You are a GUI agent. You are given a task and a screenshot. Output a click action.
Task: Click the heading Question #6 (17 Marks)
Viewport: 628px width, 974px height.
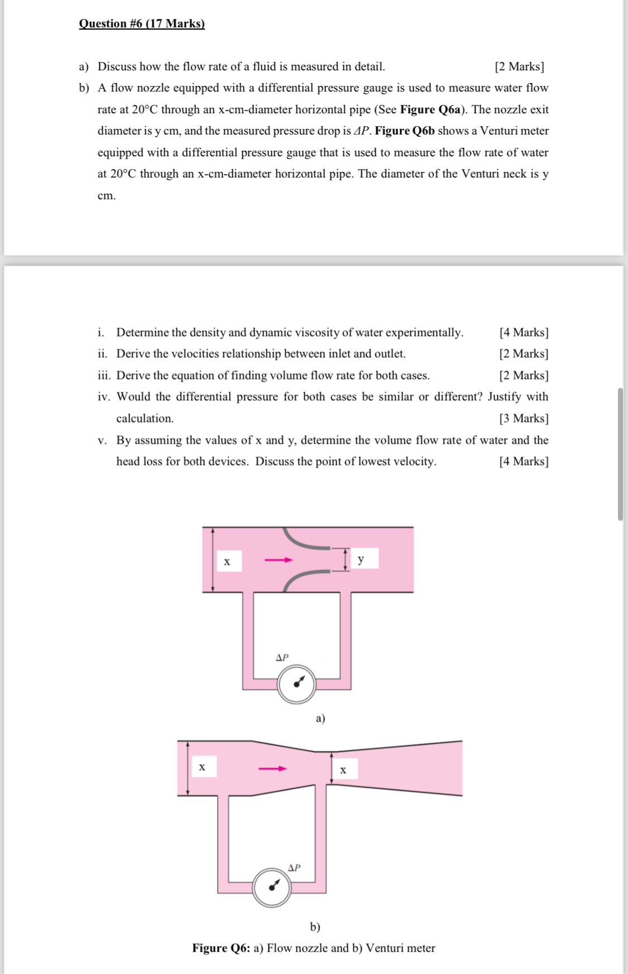coord(142,23)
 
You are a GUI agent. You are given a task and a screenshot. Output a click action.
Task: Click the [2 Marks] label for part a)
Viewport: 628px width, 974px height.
coord(519,66)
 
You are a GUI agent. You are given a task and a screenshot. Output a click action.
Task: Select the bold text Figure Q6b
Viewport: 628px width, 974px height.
coord(405,131)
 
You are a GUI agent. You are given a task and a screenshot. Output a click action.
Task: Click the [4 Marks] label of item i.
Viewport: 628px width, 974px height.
coord(524,332)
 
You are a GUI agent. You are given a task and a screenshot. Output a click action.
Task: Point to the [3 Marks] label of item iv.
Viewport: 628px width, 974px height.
coord(524,418)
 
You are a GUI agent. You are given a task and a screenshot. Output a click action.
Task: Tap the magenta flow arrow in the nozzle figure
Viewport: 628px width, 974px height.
coord(279,560)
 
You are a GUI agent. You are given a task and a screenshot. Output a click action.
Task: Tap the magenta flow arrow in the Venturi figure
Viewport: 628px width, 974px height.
coord(272,769)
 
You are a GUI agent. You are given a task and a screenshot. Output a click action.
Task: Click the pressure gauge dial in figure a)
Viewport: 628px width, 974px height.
coord(297,684)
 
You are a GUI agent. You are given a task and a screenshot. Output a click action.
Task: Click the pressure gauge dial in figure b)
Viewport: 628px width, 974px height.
coord(272,887)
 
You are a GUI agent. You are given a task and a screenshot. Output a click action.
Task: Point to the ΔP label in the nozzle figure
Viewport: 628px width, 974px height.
coord(282,658)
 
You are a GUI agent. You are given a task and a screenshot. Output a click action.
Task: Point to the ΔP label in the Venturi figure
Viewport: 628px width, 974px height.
coord(294,867)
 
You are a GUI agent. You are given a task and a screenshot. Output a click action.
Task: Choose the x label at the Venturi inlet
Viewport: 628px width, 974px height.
coord(202,767)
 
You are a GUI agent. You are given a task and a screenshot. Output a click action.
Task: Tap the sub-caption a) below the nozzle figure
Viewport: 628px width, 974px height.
coord(320,718)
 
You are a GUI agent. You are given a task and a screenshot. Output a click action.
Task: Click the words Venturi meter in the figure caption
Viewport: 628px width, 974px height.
coord(400,948)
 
